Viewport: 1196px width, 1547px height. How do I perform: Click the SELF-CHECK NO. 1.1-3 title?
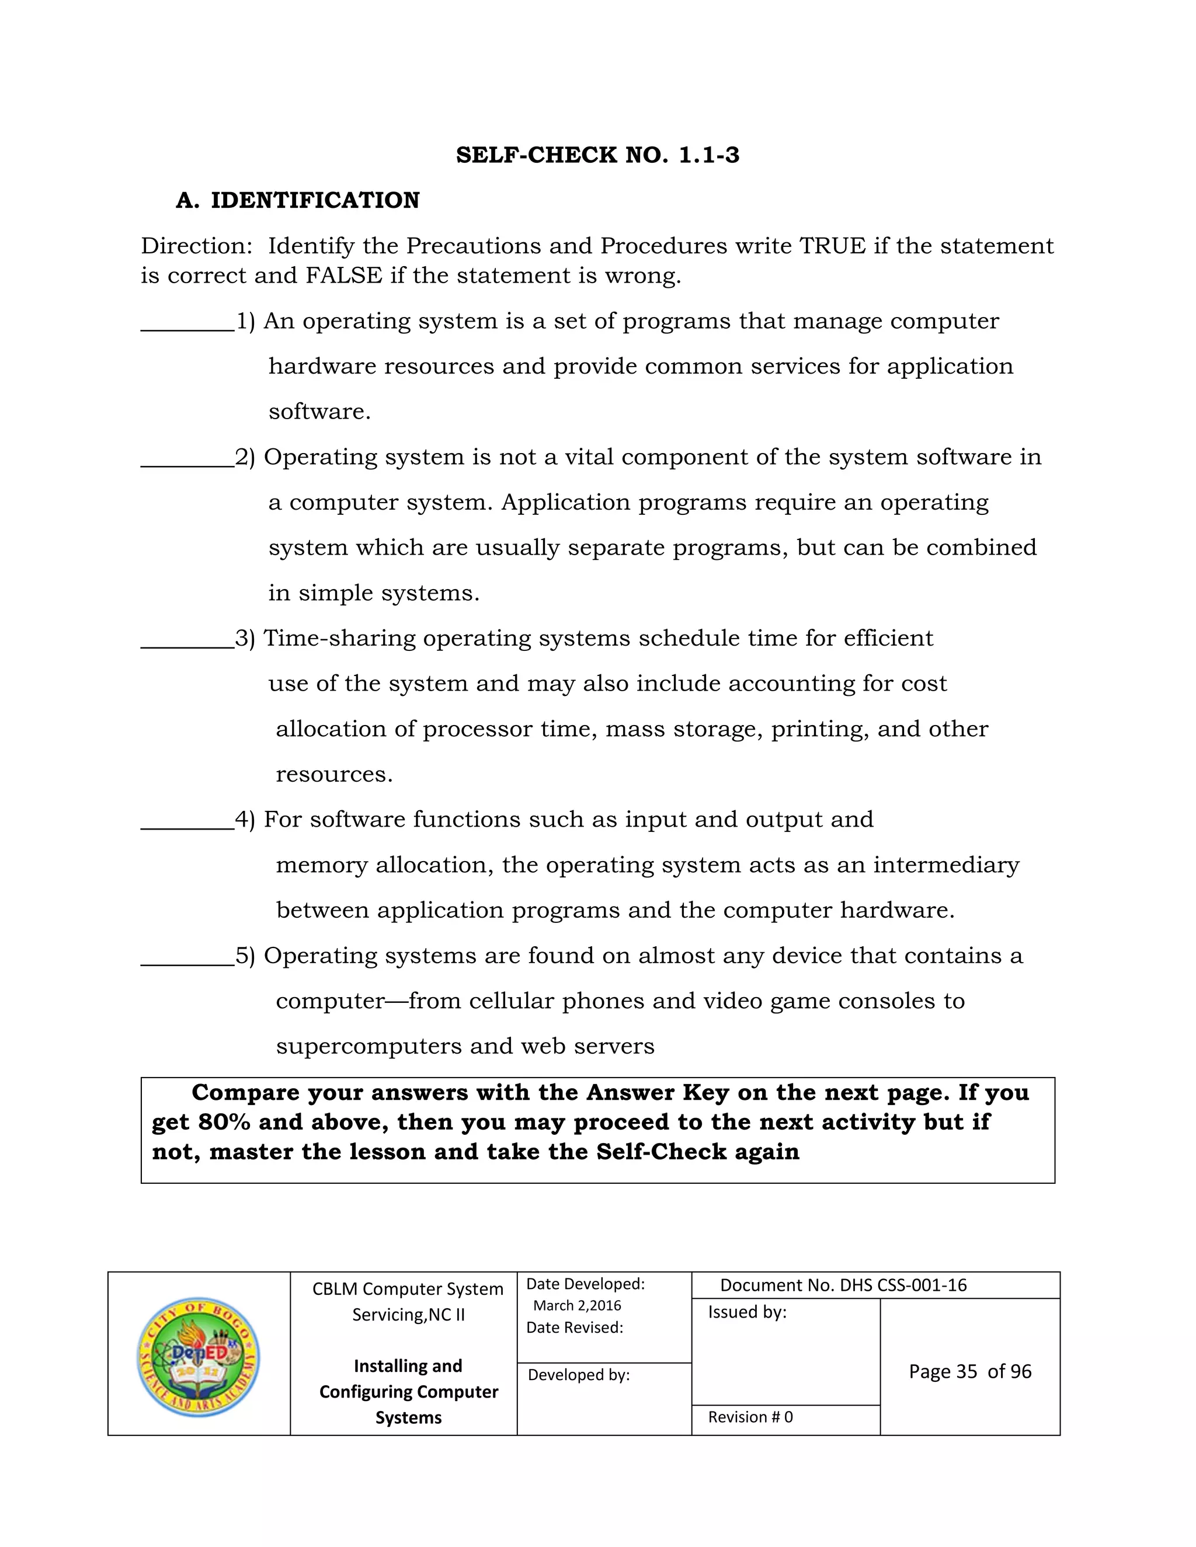click(x=597, y=155)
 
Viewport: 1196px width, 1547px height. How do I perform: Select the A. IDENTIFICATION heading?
click(x=298, y=200)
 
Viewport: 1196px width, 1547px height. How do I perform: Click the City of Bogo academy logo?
click(x=199, y=1357)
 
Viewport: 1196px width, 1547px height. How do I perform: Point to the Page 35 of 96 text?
click(x=969, y=1371)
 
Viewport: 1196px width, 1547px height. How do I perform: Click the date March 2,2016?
click(x=577, y=1305)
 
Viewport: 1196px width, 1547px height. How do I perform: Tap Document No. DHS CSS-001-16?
click(x=843, y=1285)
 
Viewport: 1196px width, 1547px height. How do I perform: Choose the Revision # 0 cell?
click(x=750, y=1417)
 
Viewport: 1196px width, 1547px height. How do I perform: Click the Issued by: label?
click(x=747, y=1312)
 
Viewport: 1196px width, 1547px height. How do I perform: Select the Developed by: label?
click(x=578, y=1375)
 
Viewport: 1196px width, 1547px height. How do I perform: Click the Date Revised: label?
click(x=574, y=1328)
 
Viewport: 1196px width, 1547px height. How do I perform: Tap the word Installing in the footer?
click(x=388, y=1365)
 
